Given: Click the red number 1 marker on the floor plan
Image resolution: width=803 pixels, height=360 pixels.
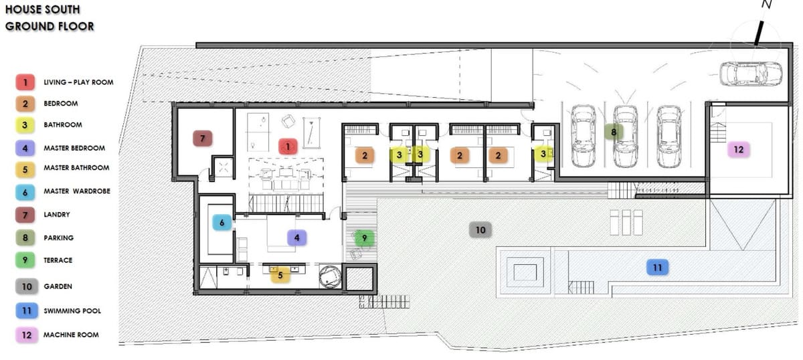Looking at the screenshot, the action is pos(288,147).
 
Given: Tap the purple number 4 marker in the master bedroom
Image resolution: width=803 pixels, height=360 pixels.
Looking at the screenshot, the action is pos(297,238).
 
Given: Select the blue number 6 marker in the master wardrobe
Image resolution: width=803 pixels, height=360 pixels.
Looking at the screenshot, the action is pos(222,223).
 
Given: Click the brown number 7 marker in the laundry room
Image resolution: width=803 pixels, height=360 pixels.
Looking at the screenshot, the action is pos(203,139).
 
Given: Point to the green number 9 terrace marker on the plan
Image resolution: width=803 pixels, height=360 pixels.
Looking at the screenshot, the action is pos(364,238).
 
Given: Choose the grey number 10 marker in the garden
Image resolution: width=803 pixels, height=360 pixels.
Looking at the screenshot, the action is pos(480,230).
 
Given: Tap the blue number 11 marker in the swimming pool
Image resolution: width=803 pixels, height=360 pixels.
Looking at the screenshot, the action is pos(657,268).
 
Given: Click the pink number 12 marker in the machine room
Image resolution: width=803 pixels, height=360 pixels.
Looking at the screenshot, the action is pos(739,149).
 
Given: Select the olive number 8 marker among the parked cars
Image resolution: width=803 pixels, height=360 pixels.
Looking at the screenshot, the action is pos(614,132).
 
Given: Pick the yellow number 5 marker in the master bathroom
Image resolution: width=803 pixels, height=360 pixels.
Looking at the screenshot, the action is pos(280,275).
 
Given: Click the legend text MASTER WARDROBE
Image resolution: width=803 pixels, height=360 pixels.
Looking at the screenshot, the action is pos(77,191).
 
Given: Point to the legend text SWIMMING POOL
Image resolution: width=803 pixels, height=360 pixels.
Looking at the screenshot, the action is pos(72,311).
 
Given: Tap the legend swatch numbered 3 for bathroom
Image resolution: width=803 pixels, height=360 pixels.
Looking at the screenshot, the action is pos(25,125).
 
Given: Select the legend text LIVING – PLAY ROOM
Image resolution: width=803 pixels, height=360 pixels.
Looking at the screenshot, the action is pos(78,82).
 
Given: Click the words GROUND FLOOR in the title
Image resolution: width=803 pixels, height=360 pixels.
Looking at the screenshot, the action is pos(50,26).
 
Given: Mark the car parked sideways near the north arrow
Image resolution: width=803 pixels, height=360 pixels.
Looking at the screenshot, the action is pos(751,74).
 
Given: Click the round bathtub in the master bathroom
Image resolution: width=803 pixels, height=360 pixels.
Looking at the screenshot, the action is pos(330,276).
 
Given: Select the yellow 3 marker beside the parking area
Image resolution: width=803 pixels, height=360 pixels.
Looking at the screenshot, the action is pos(543,154).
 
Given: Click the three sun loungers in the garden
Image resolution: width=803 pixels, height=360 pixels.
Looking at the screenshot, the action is pos(626,222).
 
